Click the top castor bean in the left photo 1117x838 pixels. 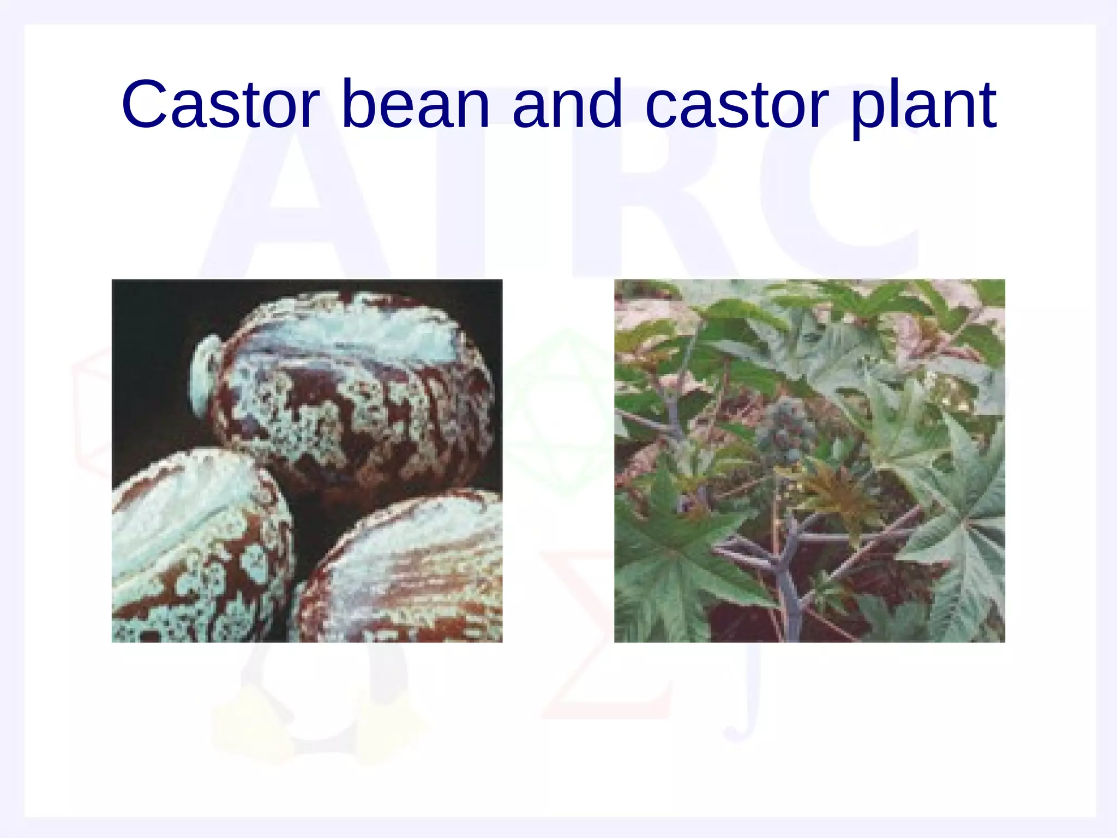(x=355, y=393)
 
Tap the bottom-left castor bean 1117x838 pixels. (x=196, y=551)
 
